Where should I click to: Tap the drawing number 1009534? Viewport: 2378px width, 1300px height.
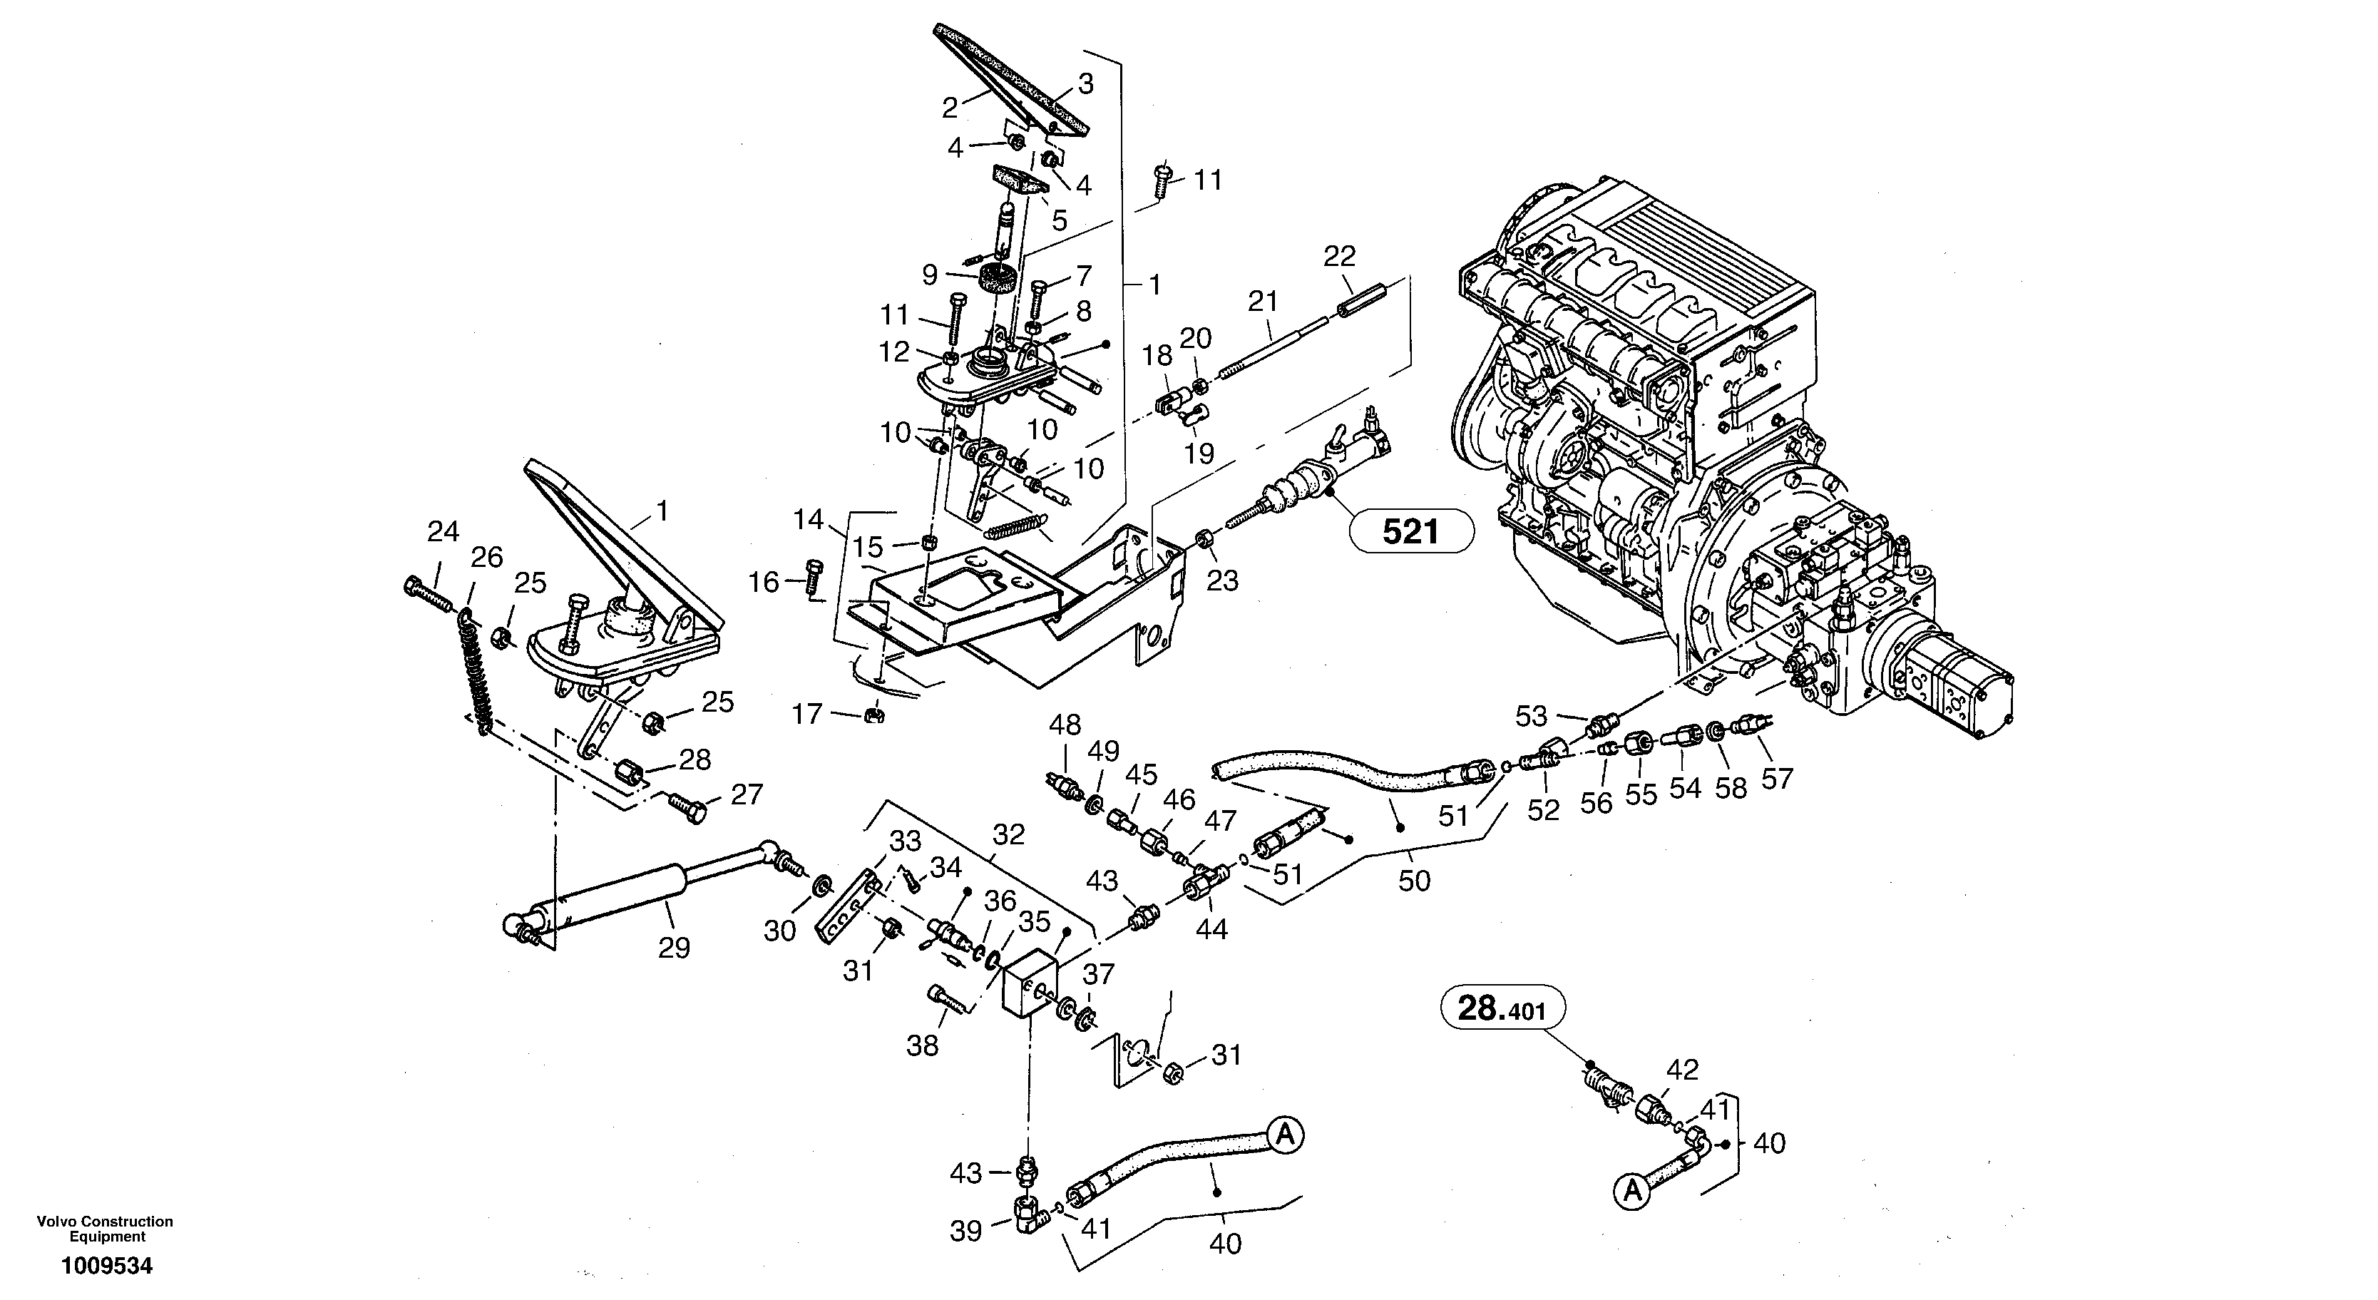pyautogui.click(x=106, y=1266)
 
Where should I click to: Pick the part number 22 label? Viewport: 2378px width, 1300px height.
pyautogui.click(x=1340, y=257)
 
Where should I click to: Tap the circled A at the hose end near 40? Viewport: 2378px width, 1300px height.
pyautogui.click(x=1285, y=1135)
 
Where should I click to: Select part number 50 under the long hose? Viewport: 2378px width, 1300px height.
pyautogui.click(x=1413, y=880)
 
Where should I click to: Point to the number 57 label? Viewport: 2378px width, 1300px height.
pyautogui.click(x=1776, y=778)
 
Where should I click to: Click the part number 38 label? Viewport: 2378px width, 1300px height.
pyautogui.click(x=922, y=1045)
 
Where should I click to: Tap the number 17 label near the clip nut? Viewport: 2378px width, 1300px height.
pyautogui.click(x=808, y=714)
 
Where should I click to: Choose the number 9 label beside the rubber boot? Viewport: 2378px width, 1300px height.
pyautogui.click(x=930, y=275)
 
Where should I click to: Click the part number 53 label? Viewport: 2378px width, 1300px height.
pyautogui.click(x=1532, y=715)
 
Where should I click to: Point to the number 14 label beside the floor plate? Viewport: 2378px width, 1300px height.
pyautogui.click(x=808, y=520)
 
